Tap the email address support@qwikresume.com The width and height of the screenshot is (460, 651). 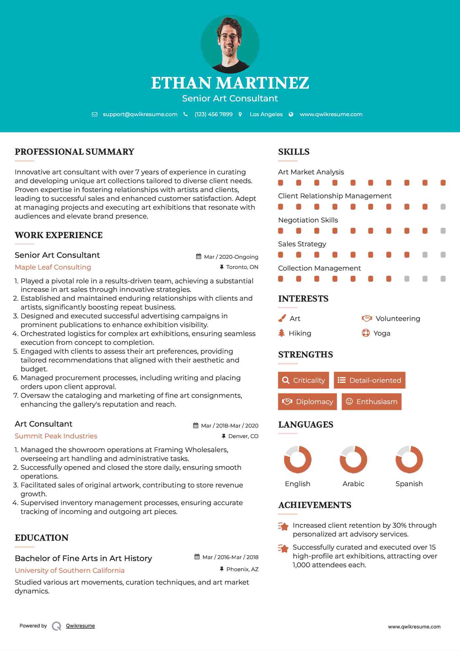pyautogui.click(x=140, y=114)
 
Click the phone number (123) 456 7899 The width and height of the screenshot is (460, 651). pyautogui.click(x=213, y=114)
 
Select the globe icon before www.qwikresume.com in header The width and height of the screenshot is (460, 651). pyautogui.click(x=291, y=114)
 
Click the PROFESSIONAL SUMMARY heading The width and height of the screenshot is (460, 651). pyautogui.click(x=75, y=152)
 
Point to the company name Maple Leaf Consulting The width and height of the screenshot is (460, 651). pyautogui.click(x=53, y=267)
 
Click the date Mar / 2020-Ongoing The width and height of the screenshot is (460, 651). pyautogui.click(x=231, y=257)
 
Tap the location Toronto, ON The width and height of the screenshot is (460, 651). pyautogui.click(x=242, y=267)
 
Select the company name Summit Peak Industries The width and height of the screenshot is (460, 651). pyautogui.click(x=56, y=436)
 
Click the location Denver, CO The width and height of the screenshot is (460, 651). pyautogui.click(x=243, y=436)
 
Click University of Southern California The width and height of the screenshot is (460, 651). pyautogui.click(x=70, y=571)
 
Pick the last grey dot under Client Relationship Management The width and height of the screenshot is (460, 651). pyautogui.click(x=443, y=207)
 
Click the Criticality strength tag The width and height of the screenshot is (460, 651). pyautogui.click(x=303, y=380)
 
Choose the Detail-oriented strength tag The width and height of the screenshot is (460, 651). pyautogui.click(x=369, y=380)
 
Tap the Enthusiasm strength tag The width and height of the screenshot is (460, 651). pyautogui.click(x=371, y=401)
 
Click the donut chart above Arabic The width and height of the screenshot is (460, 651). pyautogui.click(x=353, y=459)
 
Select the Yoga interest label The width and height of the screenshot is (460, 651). pyautogui.click(x=382, y=333)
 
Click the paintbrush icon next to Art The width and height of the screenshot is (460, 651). pyautogui.click(x=282, y=318)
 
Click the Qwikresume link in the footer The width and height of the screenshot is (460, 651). pyautogui.click(x=80, y=626)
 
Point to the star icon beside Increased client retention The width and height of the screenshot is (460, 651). pyautogui.click(x=283, y=526)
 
